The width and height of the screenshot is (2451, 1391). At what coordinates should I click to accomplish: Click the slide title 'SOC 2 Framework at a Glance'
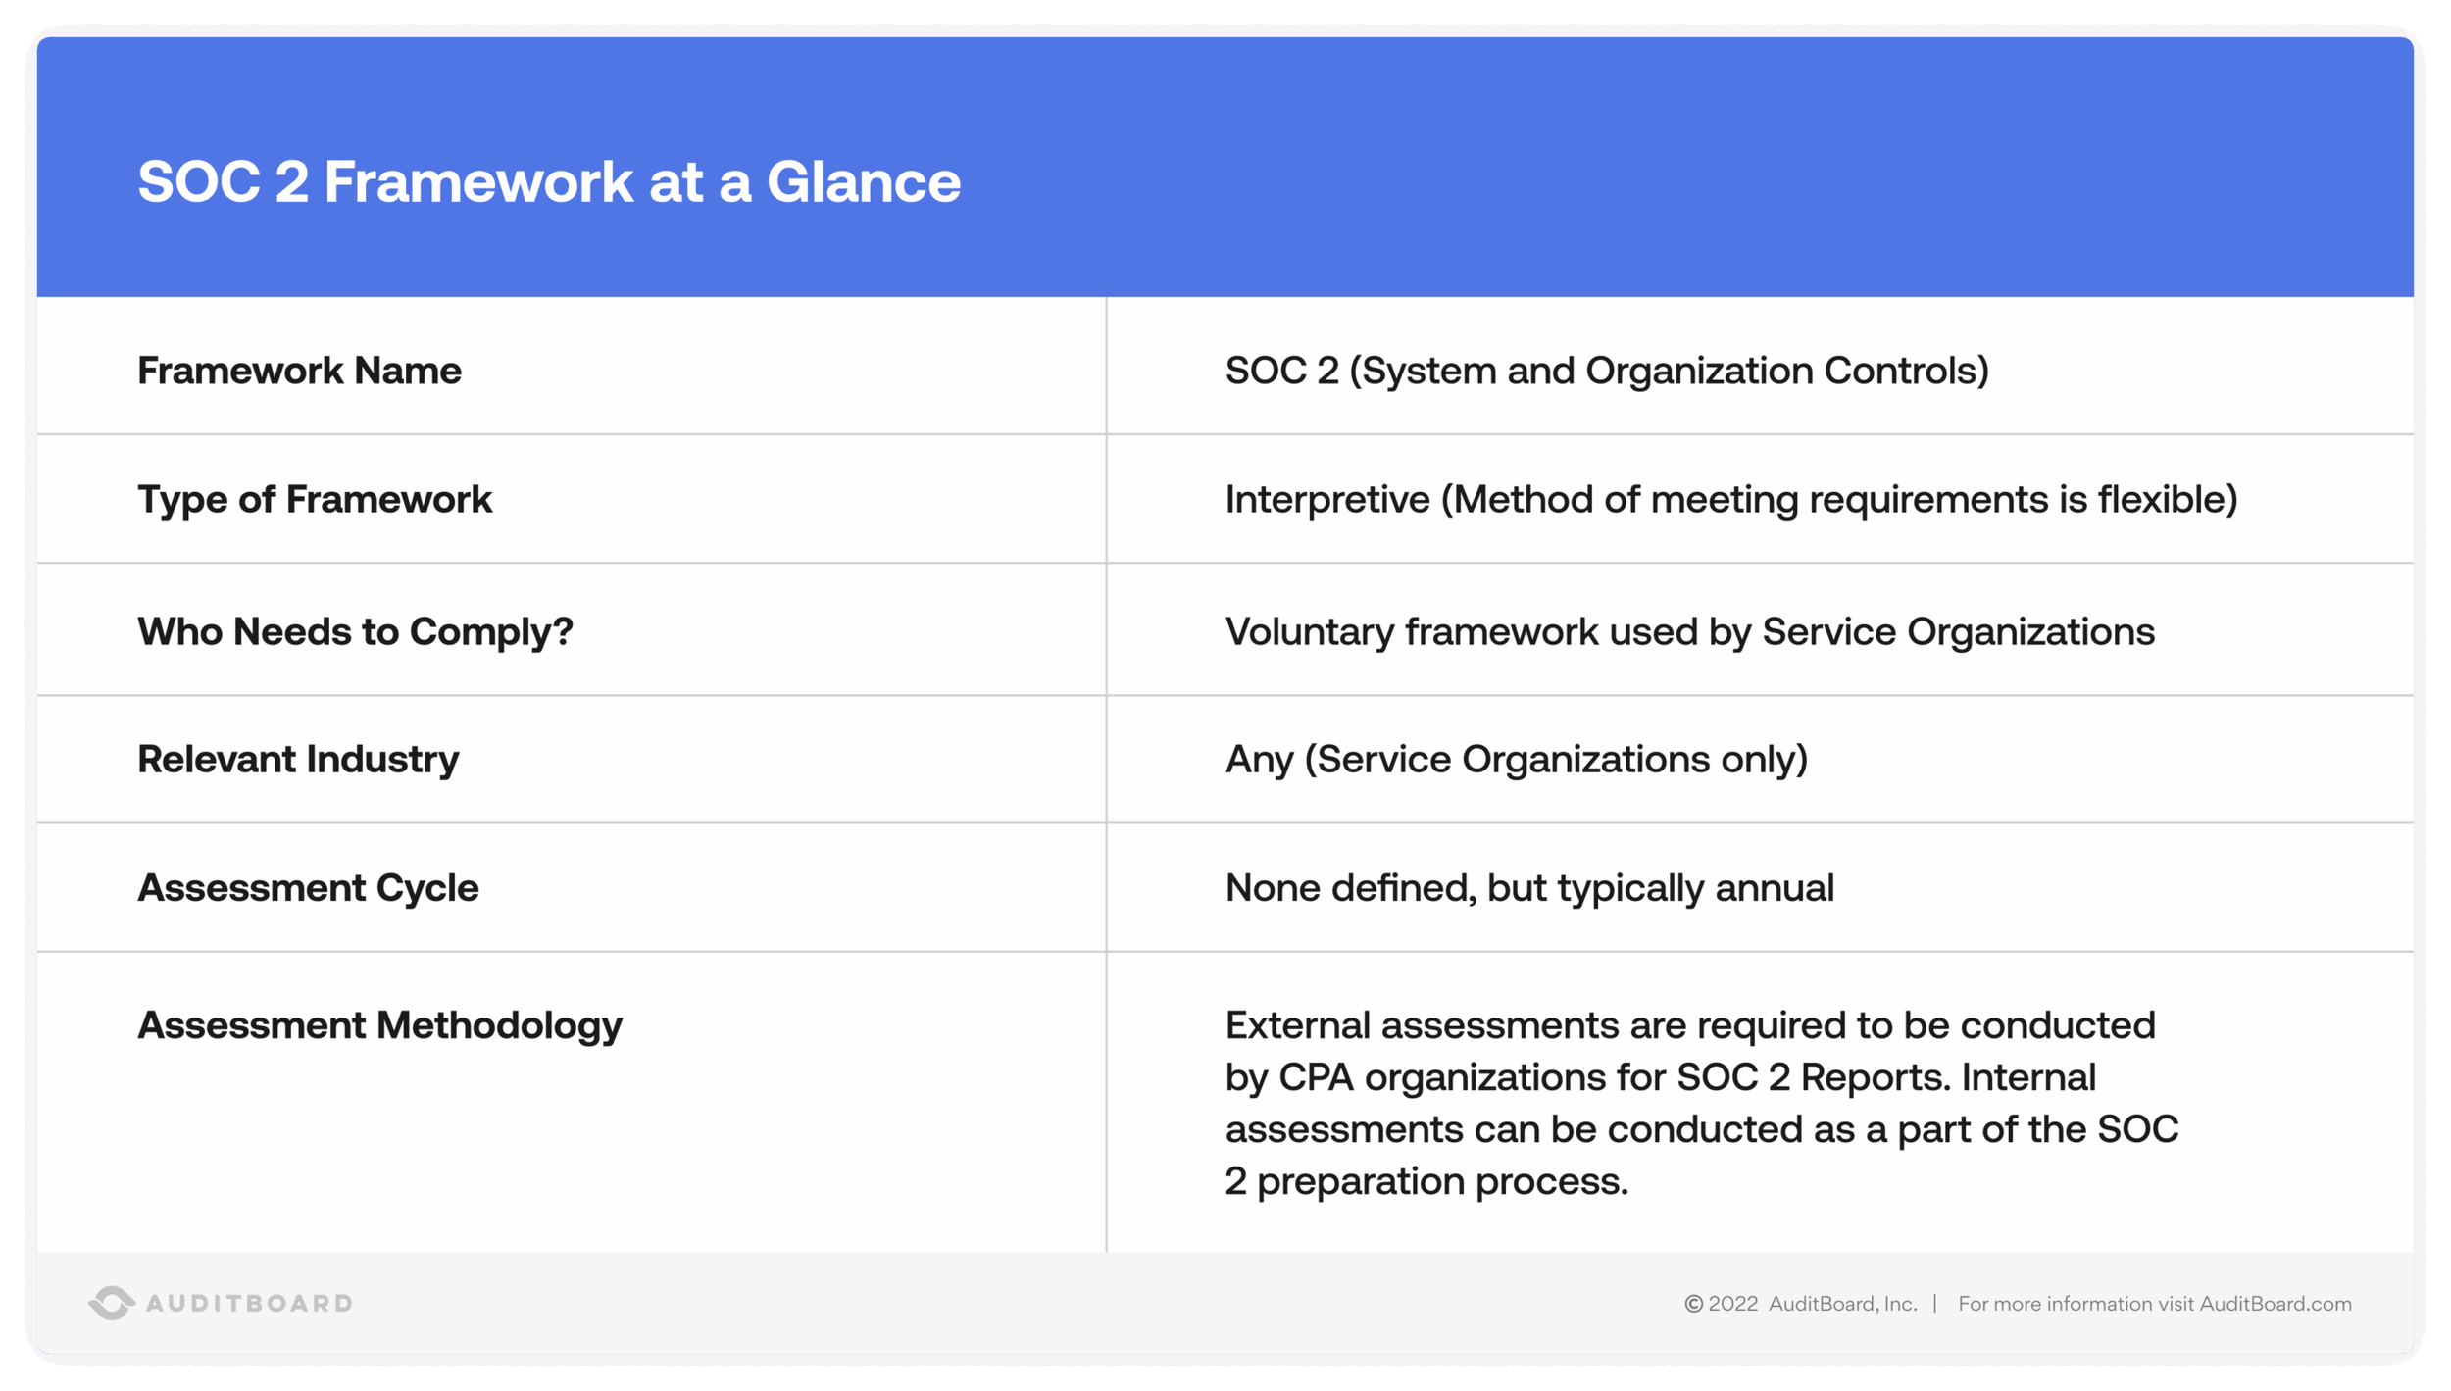[549, 182]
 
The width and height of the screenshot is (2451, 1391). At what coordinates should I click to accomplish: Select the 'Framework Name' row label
[299, 372]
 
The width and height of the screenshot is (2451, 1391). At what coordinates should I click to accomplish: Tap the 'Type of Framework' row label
[314, 500]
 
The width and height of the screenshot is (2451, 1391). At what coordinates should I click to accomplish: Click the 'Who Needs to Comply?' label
[355, 632]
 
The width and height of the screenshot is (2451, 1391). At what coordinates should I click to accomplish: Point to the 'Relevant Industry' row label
[298, 760]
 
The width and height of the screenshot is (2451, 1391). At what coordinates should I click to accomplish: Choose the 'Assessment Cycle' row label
[308, 888]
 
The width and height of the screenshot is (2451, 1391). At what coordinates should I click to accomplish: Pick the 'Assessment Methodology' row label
[379, 1025]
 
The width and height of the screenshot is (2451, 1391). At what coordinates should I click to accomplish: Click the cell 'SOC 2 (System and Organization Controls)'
[1607, 372]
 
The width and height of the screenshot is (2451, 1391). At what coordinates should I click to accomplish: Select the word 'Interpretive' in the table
[1327, 500]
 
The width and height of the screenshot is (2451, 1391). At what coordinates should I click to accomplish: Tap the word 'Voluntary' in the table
[1310, 632]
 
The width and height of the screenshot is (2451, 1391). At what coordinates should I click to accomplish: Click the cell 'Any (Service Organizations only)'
[1516, 760]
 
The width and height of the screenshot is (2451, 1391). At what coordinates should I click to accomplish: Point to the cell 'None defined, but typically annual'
[1529, 888]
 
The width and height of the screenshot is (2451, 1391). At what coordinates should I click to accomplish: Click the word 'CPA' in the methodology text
[1316, 1077]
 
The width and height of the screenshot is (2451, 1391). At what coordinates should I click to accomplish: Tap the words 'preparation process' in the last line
[1441, 1182]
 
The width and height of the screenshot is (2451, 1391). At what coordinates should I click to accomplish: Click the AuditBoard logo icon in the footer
[112, 1303]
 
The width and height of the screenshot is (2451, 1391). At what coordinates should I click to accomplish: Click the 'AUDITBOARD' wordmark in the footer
[249, 1304]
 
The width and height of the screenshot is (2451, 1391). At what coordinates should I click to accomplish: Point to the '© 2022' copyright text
[1722, 1304]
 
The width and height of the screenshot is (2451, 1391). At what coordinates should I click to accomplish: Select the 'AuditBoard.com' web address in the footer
[2275, 1304]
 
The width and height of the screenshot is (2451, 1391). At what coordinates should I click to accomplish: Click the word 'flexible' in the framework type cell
[2167, 500]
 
